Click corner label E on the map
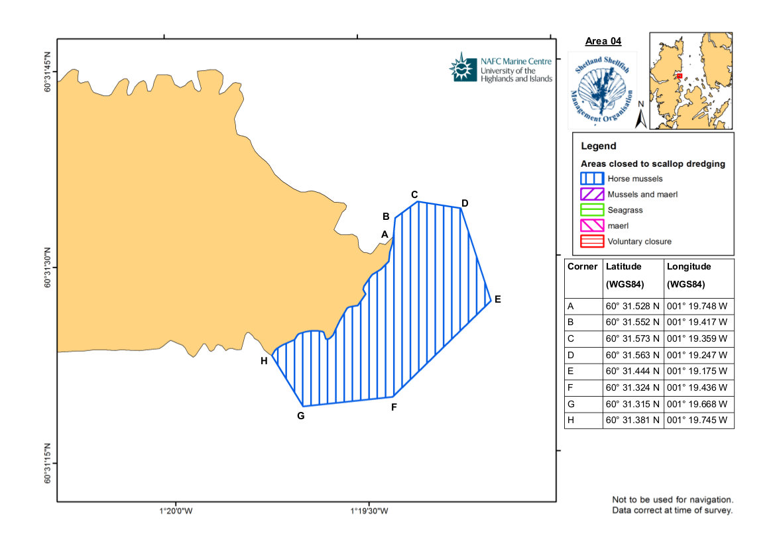[497, 299]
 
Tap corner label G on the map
[301, 416]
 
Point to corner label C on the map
[414, 195]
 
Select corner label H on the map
[264, 361]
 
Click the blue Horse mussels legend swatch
[592, 178]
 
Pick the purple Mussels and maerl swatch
[592, 194]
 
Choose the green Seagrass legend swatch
[592, 210]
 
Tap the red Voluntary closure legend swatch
[592, 241]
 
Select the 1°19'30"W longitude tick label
[369, 511]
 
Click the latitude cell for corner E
[632, 371]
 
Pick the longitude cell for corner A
[697, 306]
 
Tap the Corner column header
[583, 266]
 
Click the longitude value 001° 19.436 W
[697, 387]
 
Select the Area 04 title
[603, 41]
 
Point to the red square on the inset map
[680, 76]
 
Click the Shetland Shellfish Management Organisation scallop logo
[603, 90]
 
